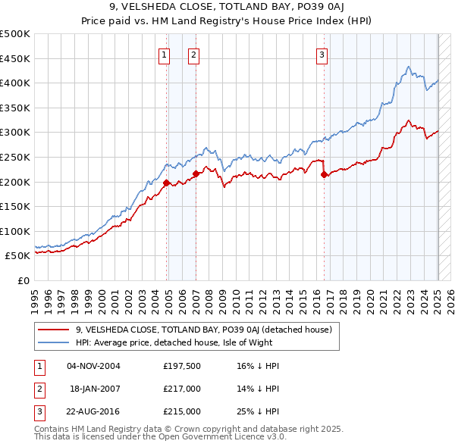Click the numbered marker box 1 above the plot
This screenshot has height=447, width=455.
point(164,55)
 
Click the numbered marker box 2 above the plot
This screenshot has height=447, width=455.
point(193,55)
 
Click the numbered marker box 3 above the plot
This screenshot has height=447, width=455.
point(322,55)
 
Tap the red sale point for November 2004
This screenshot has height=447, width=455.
point(166,182)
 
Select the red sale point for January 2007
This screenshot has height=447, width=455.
point(196,173)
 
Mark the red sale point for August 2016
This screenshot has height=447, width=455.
point(325,174)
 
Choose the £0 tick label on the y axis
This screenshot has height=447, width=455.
point(24,280)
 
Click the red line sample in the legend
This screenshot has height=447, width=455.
point(53,330)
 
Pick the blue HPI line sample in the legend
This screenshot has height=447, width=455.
point(53,342)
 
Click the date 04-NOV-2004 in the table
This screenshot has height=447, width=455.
point(93,366)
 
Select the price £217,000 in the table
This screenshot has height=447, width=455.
point(182,389)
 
